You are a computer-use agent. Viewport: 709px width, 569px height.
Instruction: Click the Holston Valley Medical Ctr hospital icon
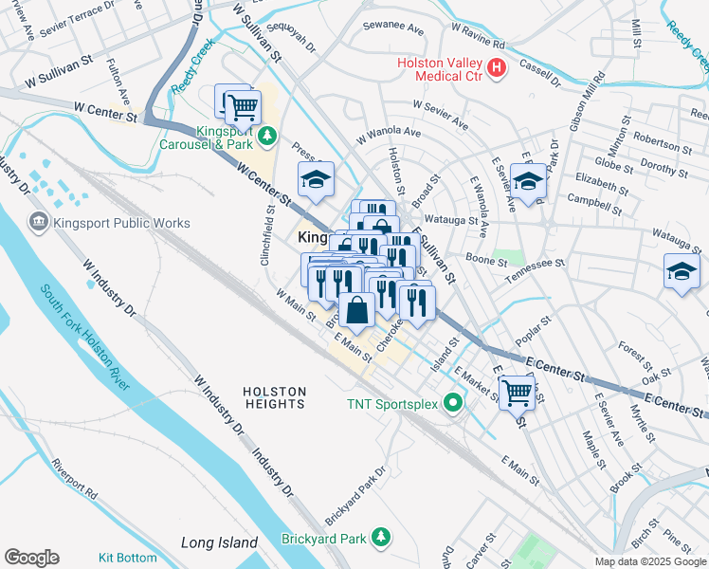(x=497, y=68)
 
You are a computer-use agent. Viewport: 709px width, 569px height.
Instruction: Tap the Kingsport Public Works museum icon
(x=40, y=223)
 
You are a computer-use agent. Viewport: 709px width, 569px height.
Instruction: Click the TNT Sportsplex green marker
(x=453, y=403)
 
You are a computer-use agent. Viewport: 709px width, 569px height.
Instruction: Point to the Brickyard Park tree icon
(x=381, y=538)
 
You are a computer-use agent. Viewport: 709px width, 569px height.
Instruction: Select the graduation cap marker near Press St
(x=317, y=177)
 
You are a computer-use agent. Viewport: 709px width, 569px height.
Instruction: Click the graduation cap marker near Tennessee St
(x=682, y=272)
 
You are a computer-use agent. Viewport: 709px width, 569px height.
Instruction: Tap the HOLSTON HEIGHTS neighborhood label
(x=274, y=397)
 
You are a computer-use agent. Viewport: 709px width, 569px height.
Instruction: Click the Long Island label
(x=219, y=542)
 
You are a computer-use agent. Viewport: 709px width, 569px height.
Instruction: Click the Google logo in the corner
(x=31, y=558)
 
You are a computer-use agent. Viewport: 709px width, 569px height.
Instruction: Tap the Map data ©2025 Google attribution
(x=650, y=561)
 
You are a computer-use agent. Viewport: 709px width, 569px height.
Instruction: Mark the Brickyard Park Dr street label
(x=355, y=496)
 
